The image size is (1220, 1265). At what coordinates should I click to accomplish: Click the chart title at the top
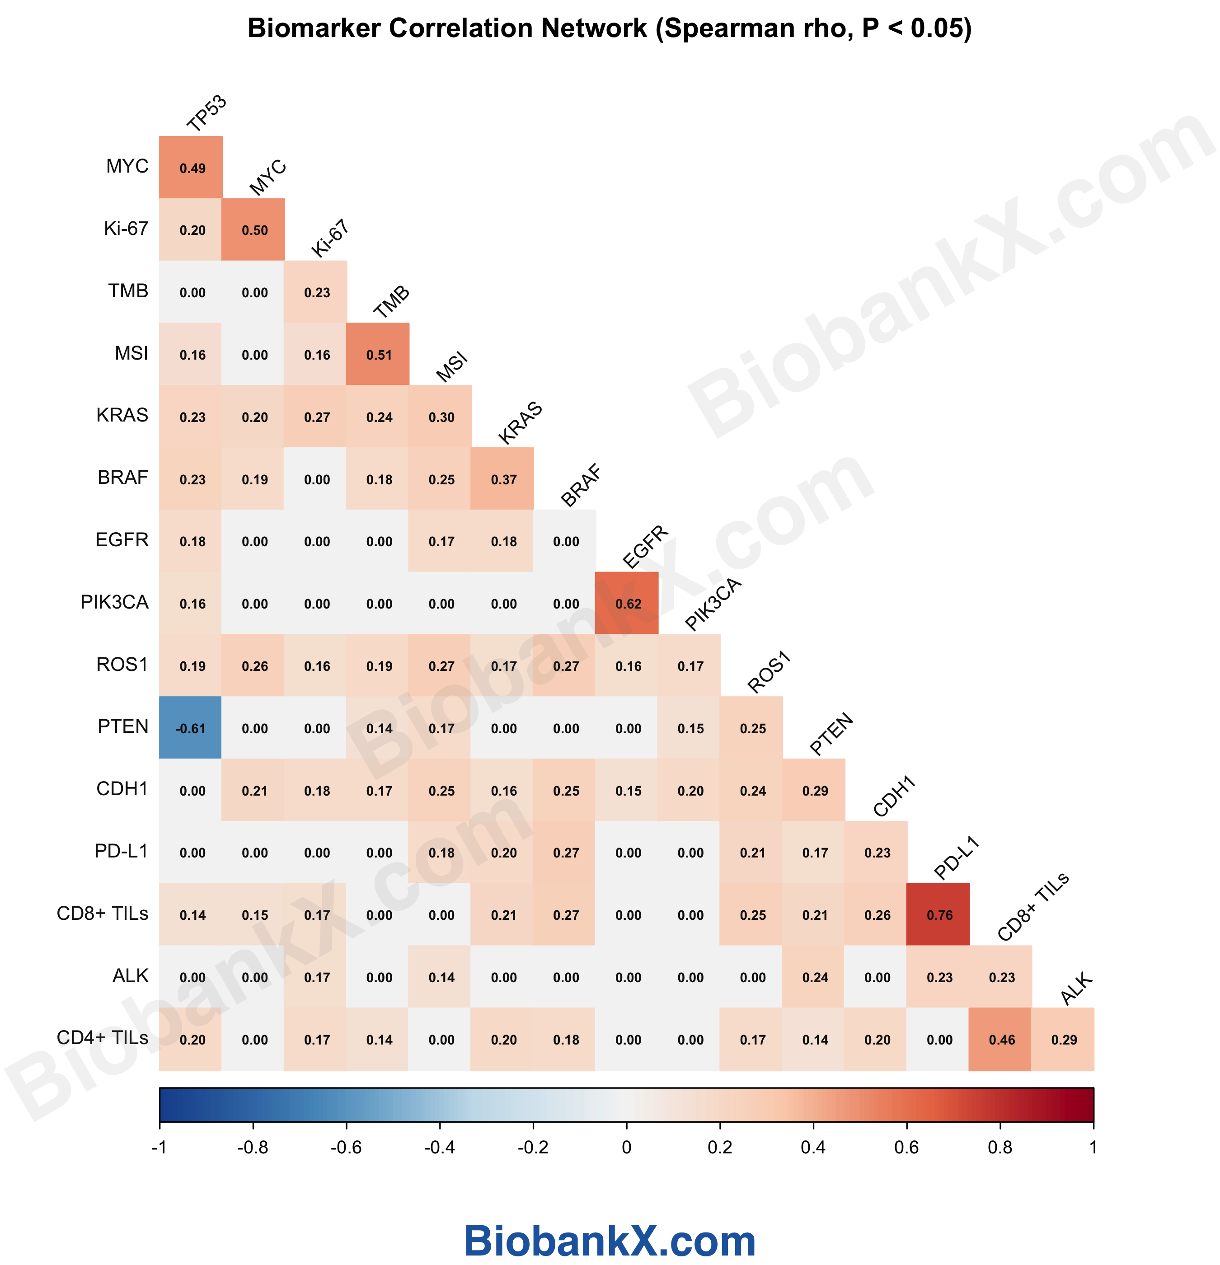pos(610,28)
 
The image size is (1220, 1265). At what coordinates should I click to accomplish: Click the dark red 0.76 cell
pos(938,914)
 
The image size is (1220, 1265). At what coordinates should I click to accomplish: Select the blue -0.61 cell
pos(190,728)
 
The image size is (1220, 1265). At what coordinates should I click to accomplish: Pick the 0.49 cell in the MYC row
pos(192,168)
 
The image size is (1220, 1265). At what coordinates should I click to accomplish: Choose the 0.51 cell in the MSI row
pos(378,354)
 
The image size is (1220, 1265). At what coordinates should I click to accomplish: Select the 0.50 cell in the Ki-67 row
pos(253,230)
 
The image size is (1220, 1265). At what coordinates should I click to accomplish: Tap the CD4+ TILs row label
pos(102,1037)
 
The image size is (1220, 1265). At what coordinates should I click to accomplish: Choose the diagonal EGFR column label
pos(645,547)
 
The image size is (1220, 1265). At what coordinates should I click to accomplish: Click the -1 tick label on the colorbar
pos(160,1147)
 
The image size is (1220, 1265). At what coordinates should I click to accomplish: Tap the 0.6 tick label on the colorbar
pos(906,1147)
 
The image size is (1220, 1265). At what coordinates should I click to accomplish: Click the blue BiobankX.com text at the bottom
pos(610,1241)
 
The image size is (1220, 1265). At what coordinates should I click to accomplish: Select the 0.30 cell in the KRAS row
pos(441,417)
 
